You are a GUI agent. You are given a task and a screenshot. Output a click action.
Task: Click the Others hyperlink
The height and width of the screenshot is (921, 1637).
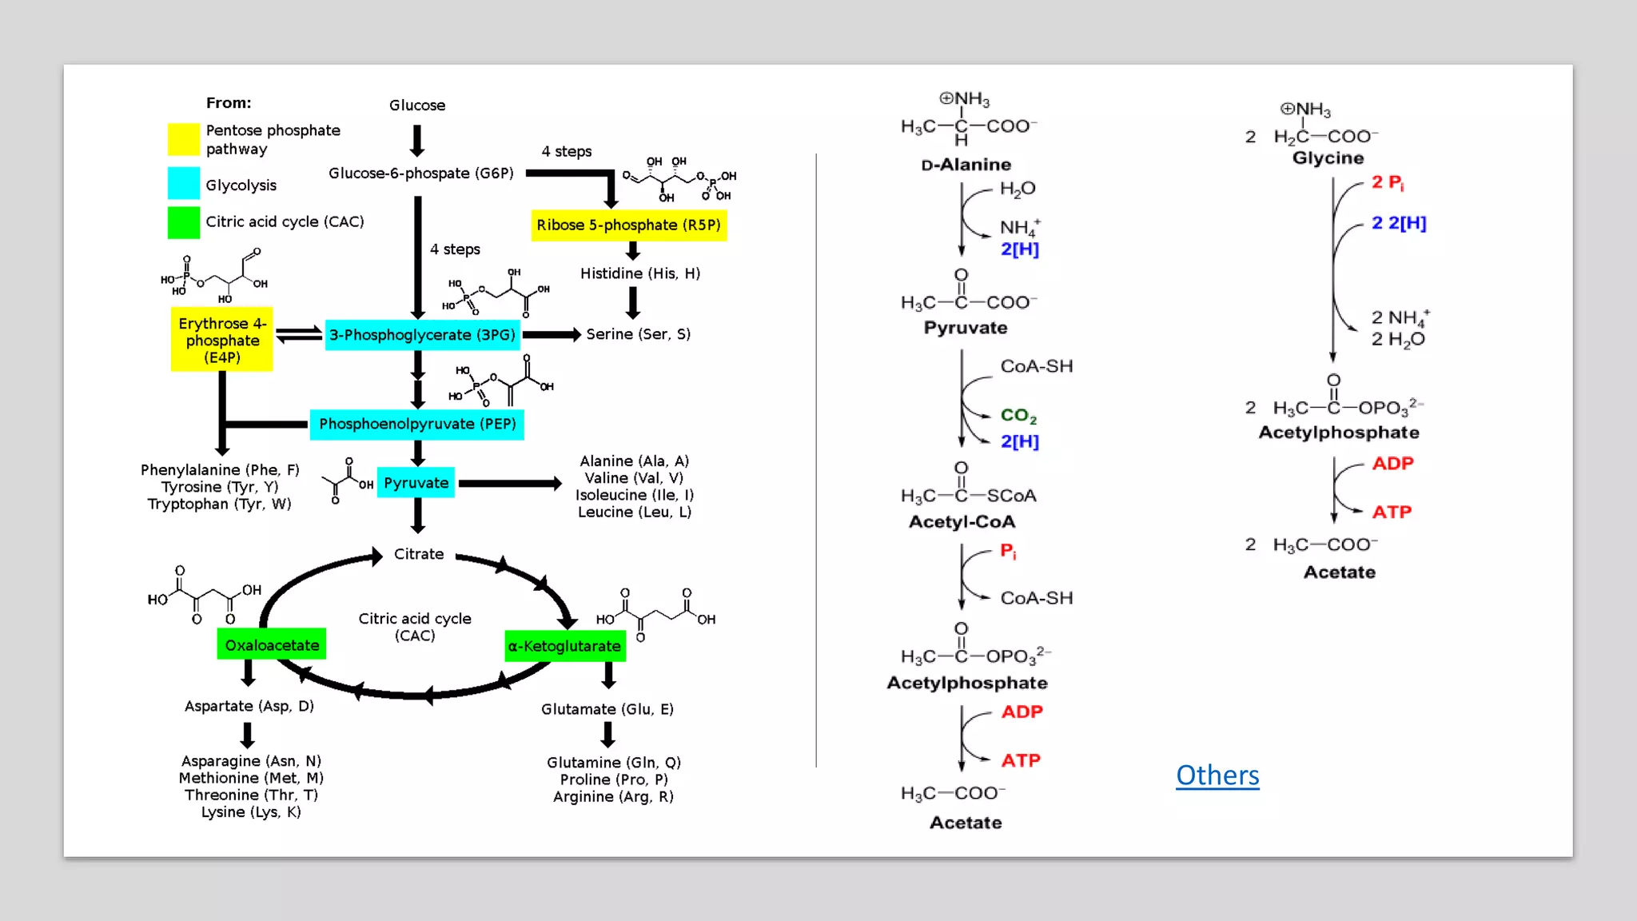(1217, 775)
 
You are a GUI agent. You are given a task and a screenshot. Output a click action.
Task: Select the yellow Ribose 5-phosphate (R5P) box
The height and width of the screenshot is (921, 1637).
(629, 225)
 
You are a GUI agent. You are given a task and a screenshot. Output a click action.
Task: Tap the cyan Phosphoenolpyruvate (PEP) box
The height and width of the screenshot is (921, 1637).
(417, 424)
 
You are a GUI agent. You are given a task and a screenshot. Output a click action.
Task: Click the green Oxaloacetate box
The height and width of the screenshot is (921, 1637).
(272, 644)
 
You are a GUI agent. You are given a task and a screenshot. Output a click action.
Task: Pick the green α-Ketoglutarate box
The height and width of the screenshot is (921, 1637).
(564, 646)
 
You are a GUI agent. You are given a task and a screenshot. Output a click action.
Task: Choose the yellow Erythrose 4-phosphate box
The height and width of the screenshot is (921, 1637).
(222, 340)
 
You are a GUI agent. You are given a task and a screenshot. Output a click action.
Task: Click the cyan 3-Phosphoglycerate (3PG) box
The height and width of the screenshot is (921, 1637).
(423, 334)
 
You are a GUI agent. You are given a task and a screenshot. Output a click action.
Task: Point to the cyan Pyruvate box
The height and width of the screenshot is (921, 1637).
(416, 483)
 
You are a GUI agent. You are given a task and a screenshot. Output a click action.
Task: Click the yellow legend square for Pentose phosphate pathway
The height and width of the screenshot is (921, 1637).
(183, 139)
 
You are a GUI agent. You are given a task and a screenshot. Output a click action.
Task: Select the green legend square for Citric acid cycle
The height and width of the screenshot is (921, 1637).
(183, 222)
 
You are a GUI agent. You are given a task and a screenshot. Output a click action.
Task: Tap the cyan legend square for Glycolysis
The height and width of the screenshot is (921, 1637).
(183, 183)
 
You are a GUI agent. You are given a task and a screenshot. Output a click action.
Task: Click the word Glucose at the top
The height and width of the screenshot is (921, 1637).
(417, 105)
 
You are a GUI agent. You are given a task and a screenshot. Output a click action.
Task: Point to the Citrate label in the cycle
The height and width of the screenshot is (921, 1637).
(419, 553)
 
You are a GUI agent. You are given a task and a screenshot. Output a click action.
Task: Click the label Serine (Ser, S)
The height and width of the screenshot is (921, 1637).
(638, 334)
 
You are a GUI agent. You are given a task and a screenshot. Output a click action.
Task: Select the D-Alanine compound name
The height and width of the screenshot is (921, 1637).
(966, 165)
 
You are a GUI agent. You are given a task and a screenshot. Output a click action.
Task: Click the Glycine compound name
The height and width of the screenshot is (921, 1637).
(1328, 157)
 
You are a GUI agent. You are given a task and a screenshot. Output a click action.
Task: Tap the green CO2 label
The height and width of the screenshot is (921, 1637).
(1018, 416)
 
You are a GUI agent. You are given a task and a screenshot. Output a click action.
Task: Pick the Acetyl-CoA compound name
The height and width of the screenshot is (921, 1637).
(962, 521)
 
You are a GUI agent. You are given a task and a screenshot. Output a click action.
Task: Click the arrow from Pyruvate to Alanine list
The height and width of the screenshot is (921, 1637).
(510, 483)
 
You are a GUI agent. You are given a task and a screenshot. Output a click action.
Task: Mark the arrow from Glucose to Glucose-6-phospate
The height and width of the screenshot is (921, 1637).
(417, 141)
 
